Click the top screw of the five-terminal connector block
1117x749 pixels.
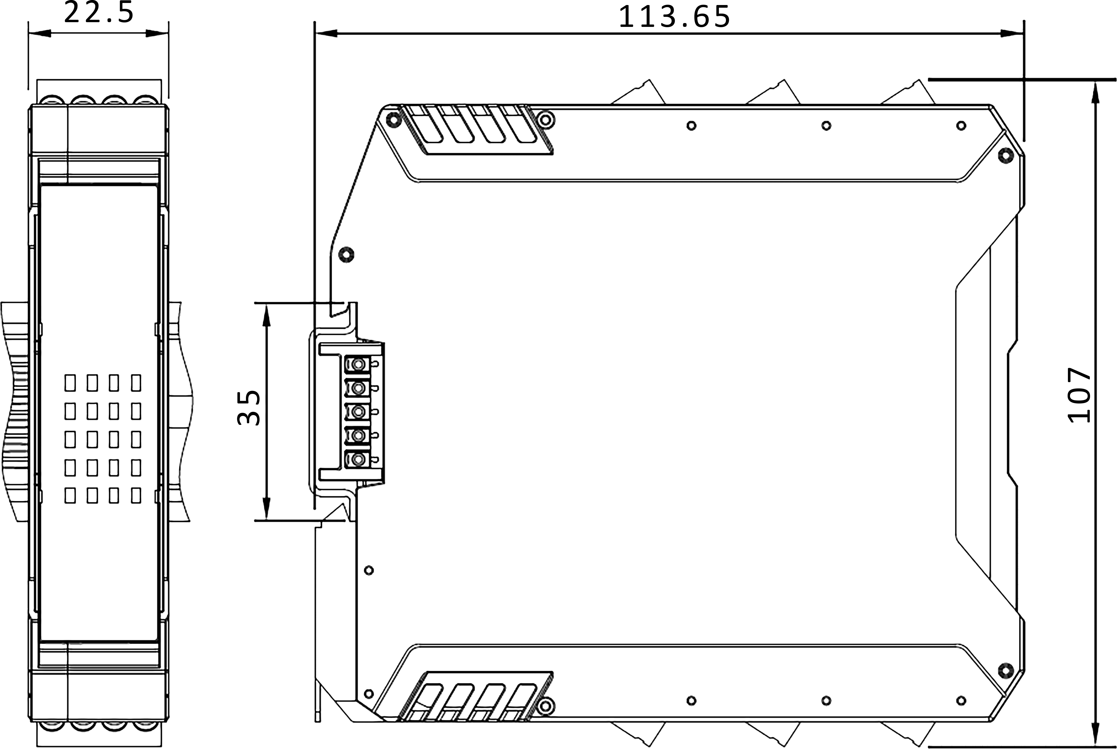[x=357, y=365]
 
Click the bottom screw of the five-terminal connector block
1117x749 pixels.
[x=357, y=460]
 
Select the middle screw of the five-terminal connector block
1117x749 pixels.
[x=357, y=412]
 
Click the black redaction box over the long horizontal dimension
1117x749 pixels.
[x=674, y=16]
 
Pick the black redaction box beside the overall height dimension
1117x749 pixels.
[x=1078, y=395]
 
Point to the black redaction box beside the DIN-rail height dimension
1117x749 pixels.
[x=248, y=408]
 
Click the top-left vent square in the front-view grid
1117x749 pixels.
[x=70, y=383]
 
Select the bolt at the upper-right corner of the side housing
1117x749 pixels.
[x=1006, y=155]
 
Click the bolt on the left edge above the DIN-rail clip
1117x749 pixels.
[x=346, y=254]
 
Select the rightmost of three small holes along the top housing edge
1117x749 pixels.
[x=961, y=126]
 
